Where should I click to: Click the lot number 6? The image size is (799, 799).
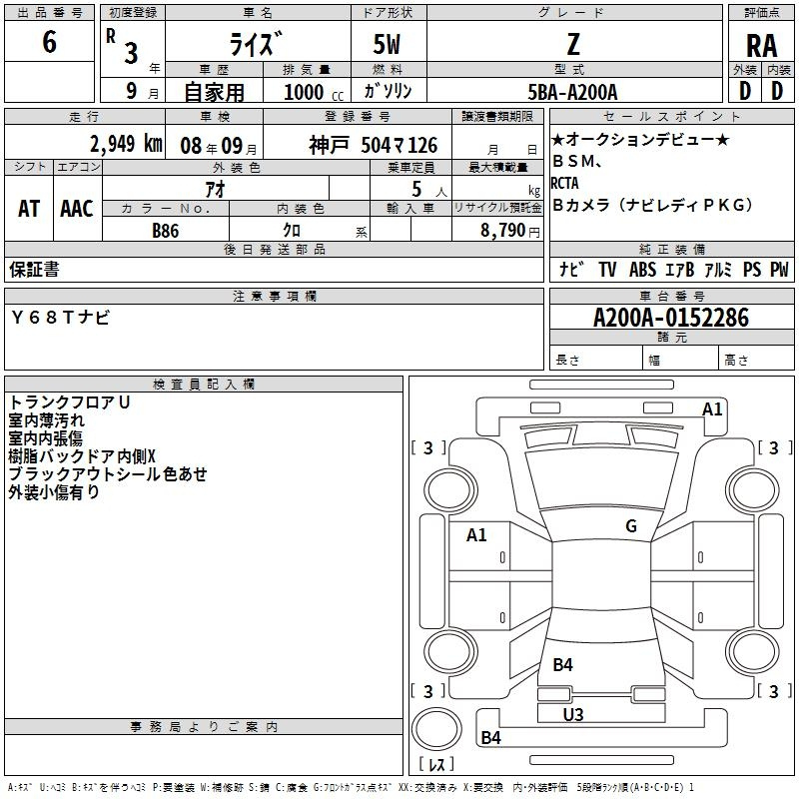point(49,41)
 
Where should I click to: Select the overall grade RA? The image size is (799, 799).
point(761,46)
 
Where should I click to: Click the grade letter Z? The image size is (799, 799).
point(573,44)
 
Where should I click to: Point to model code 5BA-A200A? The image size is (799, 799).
point(572,92)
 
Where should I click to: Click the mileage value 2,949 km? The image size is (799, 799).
point(126,144)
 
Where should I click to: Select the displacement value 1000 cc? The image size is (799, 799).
point(314,92)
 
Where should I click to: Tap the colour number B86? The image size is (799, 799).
point(165,231)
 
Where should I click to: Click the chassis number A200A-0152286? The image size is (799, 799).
point(671,318)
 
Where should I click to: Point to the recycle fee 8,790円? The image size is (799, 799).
point(510,231)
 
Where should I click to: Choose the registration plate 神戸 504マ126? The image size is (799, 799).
point(373,145)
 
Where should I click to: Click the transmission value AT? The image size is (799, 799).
point(29,209)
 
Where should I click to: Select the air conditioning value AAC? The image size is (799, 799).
point(77,209)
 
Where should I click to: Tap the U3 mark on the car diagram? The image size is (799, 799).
point(572,714)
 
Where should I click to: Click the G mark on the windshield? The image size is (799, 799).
point(631,525)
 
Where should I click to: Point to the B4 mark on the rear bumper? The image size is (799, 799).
point(490,737)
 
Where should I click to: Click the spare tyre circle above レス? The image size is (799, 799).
point(436,729)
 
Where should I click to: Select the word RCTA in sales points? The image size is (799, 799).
point(564,183)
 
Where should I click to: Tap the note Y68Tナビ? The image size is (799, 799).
point(60,318)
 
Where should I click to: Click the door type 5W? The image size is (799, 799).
point(387,44)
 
